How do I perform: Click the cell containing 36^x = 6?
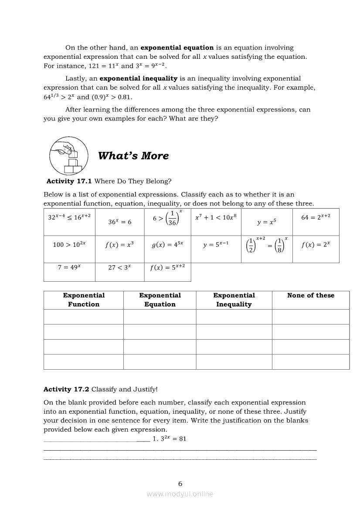[x=120, y=222]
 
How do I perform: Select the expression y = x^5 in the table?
[x=266, y=222]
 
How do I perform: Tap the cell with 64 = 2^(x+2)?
[x=316, y=217]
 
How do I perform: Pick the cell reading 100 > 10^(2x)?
[x=69, y=245]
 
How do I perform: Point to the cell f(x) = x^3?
[x=119, y=245]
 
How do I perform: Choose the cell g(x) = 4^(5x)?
[x=167, y=245]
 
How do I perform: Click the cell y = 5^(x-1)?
[x=216, y=245]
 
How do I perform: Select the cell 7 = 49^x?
[x=69, y=267]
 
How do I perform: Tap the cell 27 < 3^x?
[x=119, y=267]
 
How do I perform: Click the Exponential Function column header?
[x=84, y=300]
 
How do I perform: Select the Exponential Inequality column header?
[x=234, y=300]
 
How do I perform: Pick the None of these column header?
[x=311, y=296]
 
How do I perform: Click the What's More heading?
[x=133, y=156]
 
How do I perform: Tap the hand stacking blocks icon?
[x=68, y=155]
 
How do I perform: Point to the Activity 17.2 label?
[x=66, y=389]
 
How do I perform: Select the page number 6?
[x=180, y=483]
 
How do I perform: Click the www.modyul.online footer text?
[x=180, y=494]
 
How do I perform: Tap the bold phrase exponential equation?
[x=177, y=47]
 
